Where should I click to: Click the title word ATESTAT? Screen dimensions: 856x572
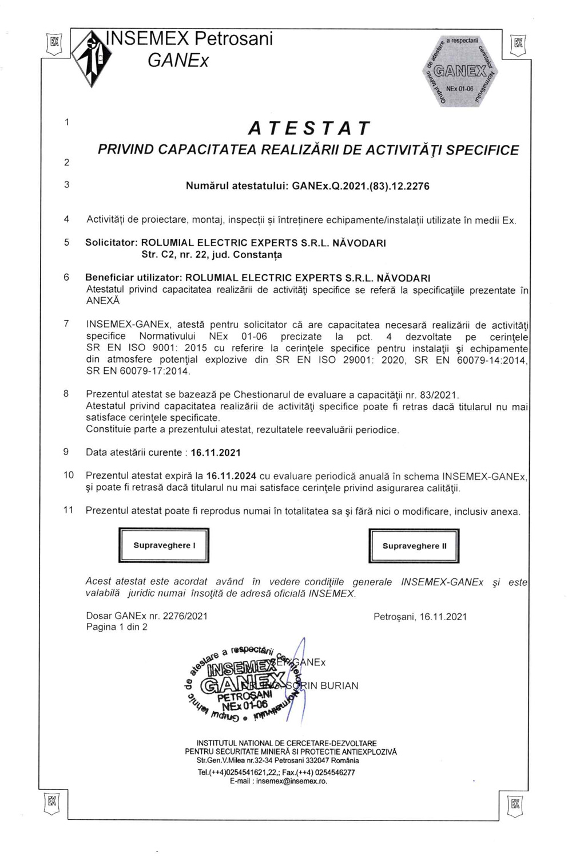(x=309, y=128)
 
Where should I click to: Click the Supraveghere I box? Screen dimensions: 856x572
(x=164, y=546)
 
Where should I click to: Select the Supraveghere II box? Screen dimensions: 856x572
(x=414, y=546)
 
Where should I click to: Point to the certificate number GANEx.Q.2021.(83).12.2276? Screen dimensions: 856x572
(x=360, y=186)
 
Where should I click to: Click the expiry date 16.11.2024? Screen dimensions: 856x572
(x=231, y=476)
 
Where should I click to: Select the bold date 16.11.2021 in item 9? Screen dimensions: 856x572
(x=216, y=453)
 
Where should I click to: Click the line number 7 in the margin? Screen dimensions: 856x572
(x=66, y=324)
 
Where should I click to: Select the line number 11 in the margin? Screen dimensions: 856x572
(x=69, y=510)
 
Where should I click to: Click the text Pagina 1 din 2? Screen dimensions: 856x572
(x=117, y=627)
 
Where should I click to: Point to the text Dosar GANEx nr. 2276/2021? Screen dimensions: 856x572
(x=146, y=616)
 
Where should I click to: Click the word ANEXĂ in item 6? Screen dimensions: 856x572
(x=103, y=301)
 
